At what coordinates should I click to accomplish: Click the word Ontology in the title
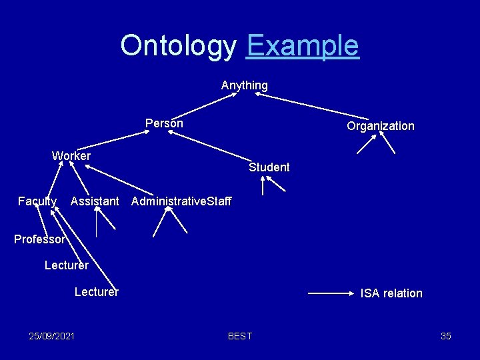click(x=178, y=46)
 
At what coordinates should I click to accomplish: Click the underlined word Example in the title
click(x=303, y=46)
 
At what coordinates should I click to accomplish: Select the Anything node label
click(x=245, y=85)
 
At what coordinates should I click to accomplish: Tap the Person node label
click(x=164, y=123)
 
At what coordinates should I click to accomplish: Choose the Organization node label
click(x=380, y=126)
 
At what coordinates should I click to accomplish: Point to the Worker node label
click(x=71, y=156)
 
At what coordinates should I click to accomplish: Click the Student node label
click(x=269, y=167)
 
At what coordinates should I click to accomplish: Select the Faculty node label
click(x=37, y=201)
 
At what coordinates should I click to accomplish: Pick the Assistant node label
click(x=95, y=201)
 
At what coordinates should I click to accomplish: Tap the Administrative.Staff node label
click(x=182, y=201)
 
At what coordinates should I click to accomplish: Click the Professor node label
click(x=40, y=239)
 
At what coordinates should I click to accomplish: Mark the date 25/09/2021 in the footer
click(x=52, y=336)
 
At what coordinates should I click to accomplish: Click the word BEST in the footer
click(x=240, y=336)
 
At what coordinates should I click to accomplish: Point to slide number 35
click(x=446, y=336)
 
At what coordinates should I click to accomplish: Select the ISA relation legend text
click(x=391, y=293)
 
